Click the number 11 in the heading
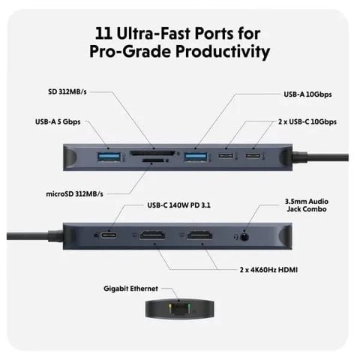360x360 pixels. click(107, 33)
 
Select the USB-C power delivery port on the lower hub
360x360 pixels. click(111, 235)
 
